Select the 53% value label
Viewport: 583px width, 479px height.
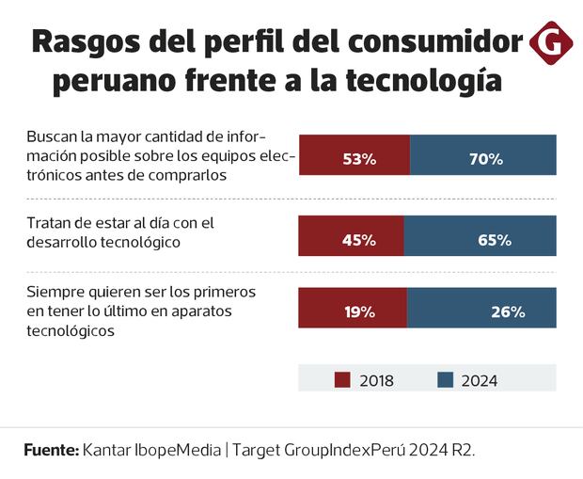[359, 159]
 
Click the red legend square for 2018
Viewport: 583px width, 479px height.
[342, 380]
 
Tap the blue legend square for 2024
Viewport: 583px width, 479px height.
[446, 380]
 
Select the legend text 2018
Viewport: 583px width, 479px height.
[376, 381]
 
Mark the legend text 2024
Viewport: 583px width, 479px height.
[480, 381]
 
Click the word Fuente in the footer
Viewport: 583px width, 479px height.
[51, 450]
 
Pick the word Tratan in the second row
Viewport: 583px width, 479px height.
[49, 223]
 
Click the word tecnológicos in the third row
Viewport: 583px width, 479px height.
[71, 331]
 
